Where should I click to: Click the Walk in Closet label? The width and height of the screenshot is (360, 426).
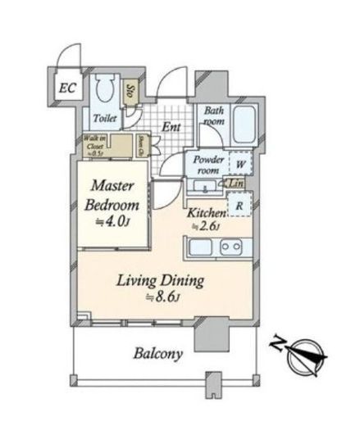tap(93, 146)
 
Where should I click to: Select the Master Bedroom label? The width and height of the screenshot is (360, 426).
tap(114, 196)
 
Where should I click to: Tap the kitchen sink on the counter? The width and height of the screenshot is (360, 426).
tap(231, 247)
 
